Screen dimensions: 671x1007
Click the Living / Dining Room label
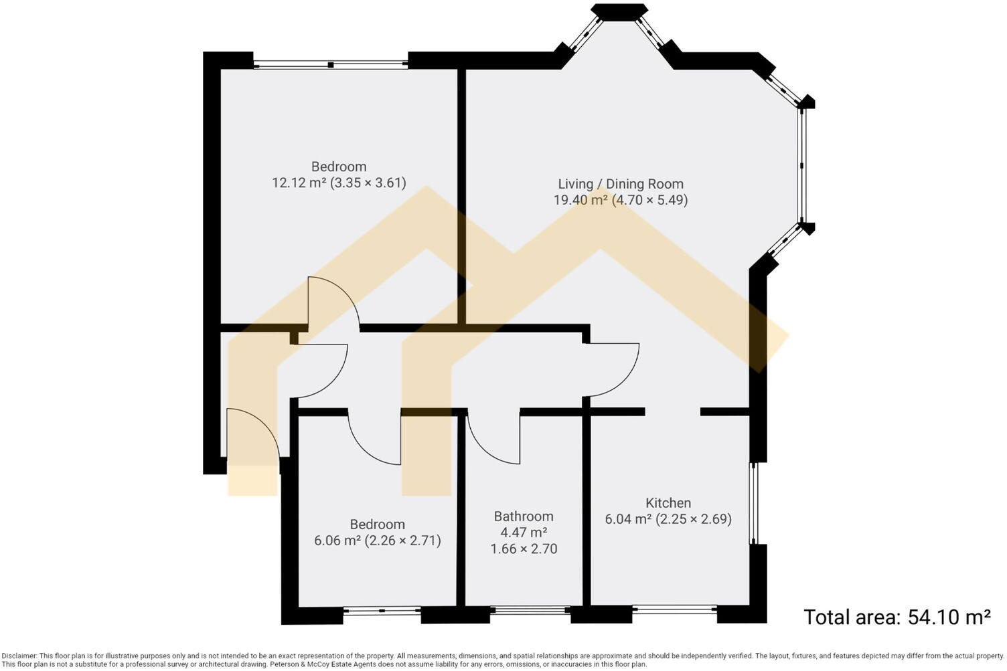click(621, 184)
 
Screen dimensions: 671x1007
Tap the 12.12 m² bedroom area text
click(339, 183)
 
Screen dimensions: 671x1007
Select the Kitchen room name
click(668, 503)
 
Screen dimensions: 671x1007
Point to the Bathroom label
click(524, 516)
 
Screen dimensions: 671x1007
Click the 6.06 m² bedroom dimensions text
click(378, 541)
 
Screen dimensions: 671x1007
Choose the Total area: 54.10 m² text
click(897, 617)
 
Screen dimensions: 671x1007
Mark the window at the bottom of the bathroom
click(530, 610)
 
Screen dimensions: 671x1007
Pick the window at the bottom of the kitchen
click(674, 609)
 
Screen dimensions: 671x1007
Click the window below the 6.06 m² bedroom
click(382, 610)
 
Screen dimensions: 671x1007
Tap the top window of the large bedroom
click(330, 65)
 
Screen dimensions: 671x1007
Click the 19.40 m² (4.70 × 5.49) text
click(621, 200)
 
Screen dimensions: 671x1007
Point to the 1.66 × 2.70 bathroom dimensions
click(524, 549)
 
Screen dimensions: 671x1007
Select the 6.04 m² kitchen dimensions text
click(668, 519)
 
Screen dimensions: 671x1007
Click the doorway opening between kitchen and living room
click(673, 411)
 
